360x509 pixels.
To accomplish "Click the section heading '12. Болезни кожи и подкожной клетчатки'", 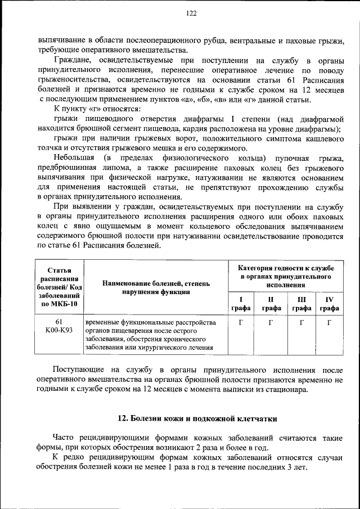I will point(197,418).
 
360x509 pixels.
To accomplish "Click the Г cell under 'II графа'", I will point(271,323).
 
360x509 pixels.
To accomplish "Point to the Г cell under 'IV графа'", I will point(330,323).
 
